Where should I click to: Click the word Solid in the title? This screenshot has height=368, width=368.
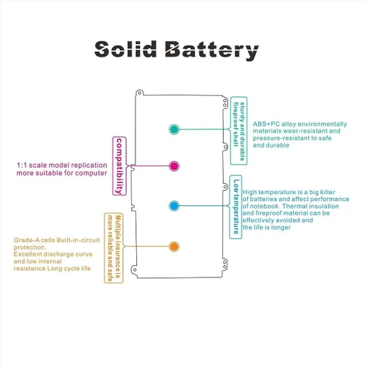pos(125,49)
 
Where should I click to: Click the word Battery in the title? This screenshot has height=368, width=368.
pos(212,51)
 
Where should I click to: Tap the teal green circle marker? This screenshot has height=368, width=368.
pos(174,130)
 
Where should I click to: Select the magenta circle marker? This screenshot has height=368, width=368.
pos(174,166)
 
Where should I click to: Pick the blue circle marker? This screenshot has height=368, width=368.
pos(174,206)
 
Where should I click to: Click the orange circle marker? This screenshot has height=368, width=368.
pos(174,247)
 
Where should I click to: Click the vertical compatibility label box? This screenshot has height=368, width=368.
pos(119,166)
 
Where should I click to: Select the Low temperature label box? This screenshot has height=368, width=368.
pos(236,207)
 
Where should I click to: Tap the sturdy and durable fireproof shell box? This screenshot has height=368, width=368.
pos(238,131)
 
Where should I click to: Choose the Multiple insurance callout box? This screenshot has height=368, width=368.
pos(114,248)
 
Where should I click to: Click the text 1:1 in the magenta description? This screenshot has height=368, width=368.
pos(21,165)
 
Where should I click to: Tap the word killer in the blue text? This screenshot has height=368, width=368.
pos(328,192)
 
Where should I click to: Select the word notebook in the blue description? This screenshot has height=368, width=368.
pos(265,206)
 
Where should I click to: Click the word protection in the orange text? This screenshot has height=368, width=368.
pos(29,247)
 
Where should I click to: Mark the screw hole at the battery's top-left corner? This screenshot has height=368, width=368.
pos(140,93)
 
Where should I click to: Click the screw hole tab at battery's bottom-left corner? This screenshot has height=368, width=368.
pos(135,269)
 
